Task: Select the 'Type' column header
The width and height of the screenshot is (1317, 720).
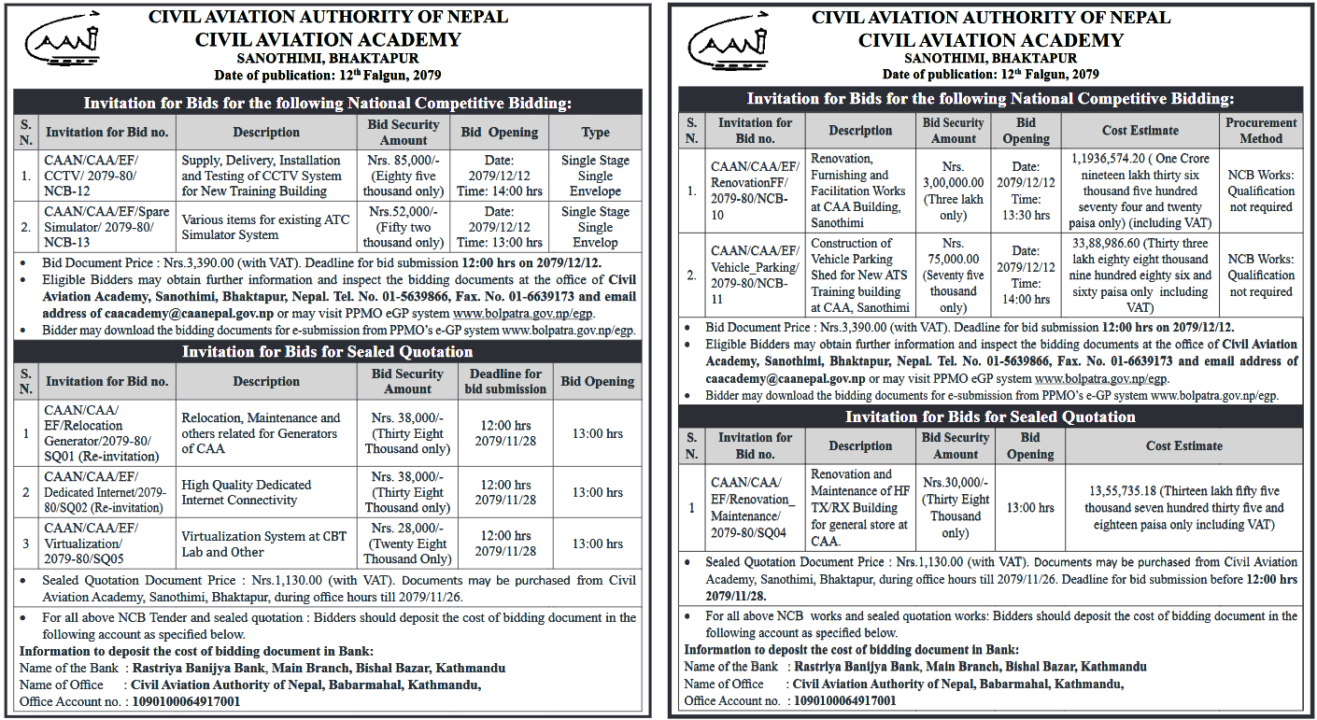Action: (x=595, y=133)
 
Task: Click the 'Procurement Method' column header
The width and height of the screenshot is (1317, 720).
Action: (x=1261, y=131)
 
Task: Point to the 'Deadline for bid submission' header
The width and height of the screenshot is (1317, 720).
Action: (x=505, y=381)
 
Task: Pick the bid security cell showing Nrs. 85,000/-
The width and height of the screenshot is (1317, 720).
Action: (x=404, y=176)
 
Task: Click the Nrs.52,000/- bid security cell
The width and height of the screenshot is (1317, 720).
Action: (x=404, y=227)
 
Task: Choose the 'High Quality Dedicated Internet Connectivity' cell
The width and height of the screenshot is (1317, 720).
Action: (x=247, y=492)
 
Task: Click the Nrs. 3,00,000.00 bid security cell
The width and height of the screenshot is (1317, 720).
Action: (x=953, y=191)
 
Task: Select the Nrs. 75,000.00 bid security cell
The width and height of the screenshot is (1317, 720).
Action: (x=953, y=275)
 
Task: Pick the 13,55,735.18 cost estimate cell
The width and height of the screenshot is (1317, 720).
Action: (x=1183, y=508)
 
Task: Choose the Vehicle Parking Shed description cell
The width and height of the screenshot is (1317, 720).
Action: (x=859, y=275)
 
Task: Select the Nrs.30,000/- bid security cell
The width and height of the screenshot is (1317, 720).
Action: (x=955, y=508)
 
